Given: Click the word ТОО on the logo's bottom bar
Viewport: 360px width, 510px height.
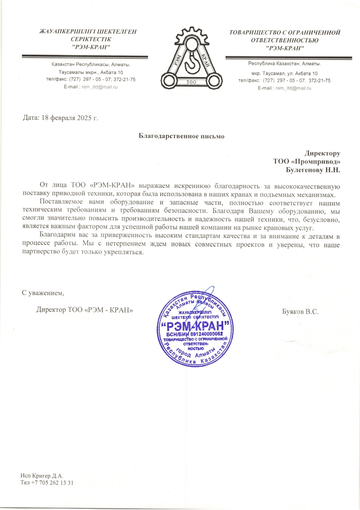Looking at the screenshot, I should tap(191, 82).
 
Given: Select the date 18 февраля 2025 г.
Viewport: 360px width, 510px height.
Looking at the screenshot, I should tap(70, 118).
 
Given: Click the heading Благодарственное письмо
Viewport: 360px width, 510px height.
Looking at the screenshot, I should tap(181, 136).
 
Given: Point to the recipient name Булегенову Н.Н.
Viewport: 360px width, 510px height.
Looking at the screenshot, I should tap(313, 170).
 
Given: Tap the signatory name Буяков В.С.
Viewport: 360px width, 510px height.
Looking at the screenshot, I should tap(300, 312).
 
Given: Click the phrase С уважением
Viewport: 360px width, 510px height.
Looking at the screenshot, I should tap(43, 293).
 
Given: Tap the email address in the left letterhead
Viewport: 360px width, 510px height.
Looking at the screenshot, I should tap(99, 87).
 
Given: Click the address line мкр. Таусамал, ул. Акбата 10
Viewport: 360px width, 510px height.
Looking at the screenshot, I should tap(285, 74).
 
